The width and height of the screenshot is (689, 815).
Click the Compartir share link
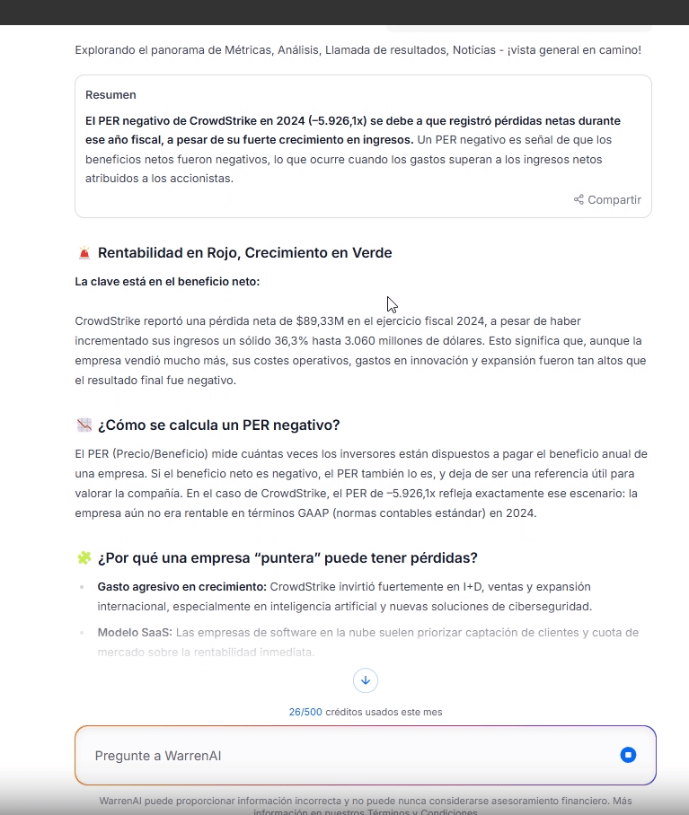614,200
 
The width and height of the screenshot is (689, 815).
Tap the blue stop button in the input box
628,755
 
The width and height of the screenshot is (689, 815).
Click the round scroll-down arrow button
365,680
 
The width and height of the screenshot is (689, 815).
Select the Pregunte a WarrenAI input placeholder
158,756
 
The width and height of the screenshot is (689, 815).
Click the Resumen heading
110,95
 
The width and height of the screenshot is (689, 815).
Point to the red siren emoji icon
84,253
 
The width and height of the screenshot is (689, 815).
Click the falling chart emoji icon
84,425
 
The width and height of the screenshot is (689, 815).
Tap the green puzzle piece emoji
84,558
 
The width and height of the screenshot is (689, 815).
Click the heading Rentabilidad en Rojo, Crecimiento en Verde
244,253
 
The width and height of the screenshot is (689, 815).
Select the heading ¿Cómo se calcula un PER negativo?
218,425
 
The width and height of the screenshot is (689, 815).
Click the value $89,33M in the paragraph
318,320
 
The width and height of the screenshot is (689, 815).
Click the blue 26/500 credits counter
305,712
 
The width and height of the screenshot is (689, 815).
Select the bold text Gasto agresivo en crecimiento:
181,587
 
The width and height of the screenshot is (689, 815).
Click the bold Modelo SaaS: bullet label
135,633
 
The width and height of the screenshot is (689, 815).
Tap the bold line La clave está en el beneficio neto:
167,282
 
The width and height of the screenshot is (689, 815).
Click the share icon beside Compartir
579,200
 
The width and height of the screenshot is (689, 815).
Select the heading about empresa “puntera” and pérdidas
287,558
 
